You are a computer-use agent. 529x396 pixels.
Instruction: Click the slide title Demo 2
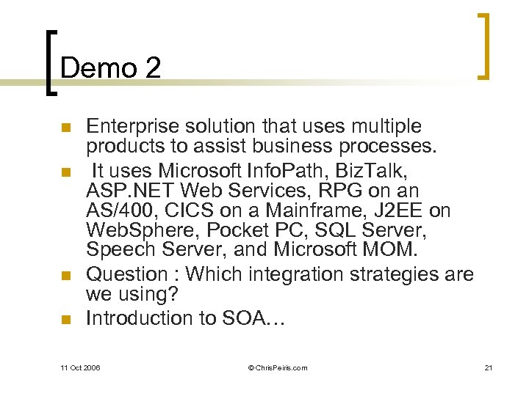(x=110, y=68)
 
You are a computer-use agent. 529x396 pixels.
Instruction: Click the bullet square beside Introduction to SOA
(x=65, y=319)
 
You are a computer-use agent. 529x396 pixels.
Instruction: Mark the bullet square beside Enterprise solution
(x=65, y=128)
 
